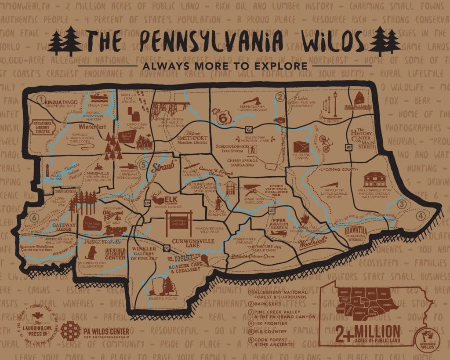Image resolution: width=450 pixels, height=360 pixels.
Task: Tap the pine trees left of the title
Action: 65,41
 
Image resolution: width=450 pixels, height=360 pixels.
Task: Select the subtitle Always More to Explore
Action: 225,66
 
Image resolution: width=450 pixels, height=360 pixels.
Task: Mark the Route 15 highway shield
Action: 348,148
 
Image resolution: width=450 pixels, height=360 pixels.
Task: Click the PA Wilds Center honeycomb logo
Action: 70,331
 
